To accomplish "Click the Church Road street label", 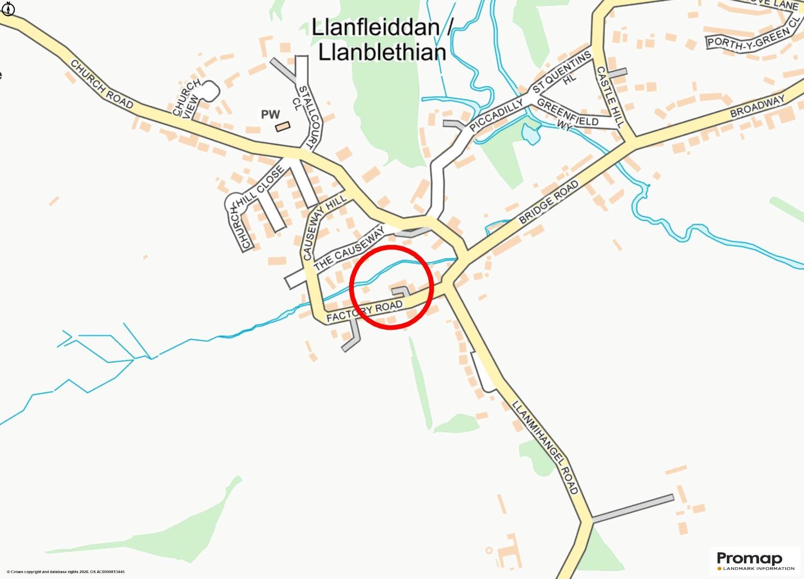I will [x=101, y=84].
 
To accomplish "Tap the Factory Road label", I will [x=364, y=311].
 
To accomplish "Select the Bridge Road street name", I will [x=549, y=202].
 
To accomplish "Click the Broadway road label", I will [x=757, y=107].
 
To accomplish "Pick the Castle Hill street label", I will [x=611, y=96].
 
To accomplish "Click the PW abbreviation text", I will [x=271, y=114].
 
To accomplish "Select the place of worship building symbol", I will [x=282, y=127].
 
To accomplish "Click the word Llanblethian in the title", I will [x=382, y=53].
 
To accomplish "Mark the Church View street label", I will [x=187, y=97].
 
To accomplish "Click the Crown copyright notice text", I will [x=65, y=571].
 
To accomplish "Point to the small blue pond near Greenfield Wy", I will [x=531, y=133].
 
